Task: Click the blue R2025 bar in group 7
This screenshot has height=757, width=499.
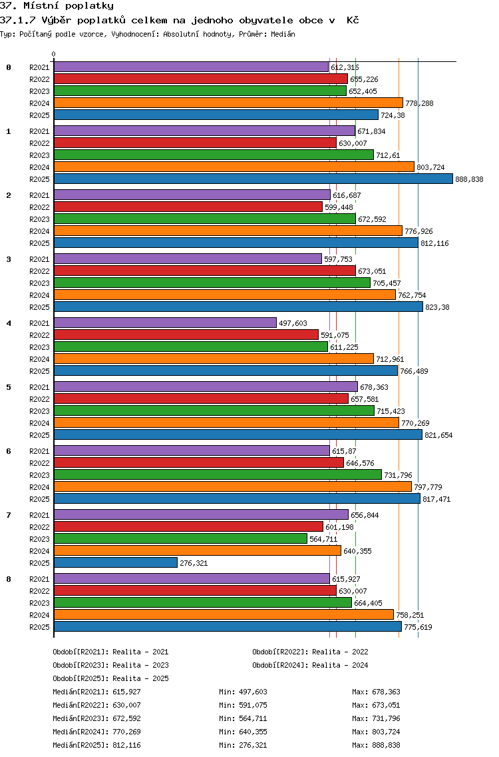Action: (x=116, y=562)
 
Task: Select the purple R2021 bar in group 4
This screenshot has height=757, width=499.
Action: (x=165, y=323)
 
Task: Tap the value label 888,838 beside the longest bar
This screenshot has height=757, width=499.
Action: (x=469, y=179)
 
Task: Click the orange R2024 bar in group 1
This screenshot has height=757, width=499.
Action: (x=234, y=167)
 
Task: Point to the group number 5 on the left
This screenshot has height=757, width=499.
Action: (x=9, y=387)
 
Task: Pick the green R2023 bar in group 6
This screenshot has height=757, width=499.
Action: (x=218, y=474)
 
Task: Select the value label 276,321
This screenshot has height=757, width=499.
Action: (x=194, y=563)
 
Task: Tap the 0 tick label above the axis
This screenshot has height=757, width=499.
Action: (x=54, y=55)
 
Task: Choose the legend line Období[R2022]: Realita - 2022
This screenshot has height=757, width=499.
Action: (x=310, y=652)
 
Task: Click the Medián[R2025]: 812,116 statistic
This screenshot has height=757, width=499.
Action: (x=97, y=745)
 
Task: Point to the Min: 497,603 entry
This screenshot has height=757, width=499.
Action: (x=243, y=692)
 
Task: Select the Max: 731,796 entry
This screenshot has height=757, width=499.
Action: (x=376, y=718)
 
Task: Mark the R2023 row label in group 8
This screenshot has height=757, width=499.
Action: (x=39, y=603)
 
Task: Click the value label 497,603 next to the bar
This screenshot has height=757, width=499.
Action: (x=293, y=323)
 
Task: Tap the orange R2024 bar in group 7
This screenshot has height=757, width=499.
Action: (x=197, y=550)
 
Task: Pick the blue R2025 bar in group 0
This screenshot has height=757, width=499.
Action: (x=216, y=115)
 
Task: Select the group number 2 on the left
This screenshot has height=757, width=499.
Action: (x=9, y=195)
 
